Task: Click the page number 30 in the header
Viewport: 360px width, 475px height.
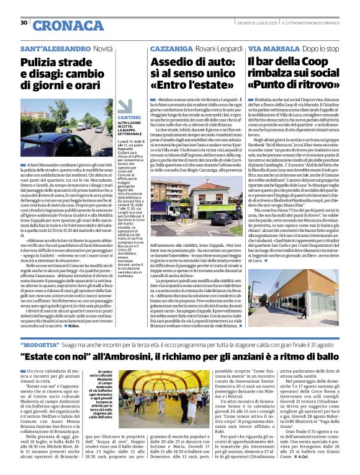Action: [24, 23]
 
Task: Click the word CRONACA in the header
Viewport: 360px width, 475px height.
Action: [60, 25]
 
